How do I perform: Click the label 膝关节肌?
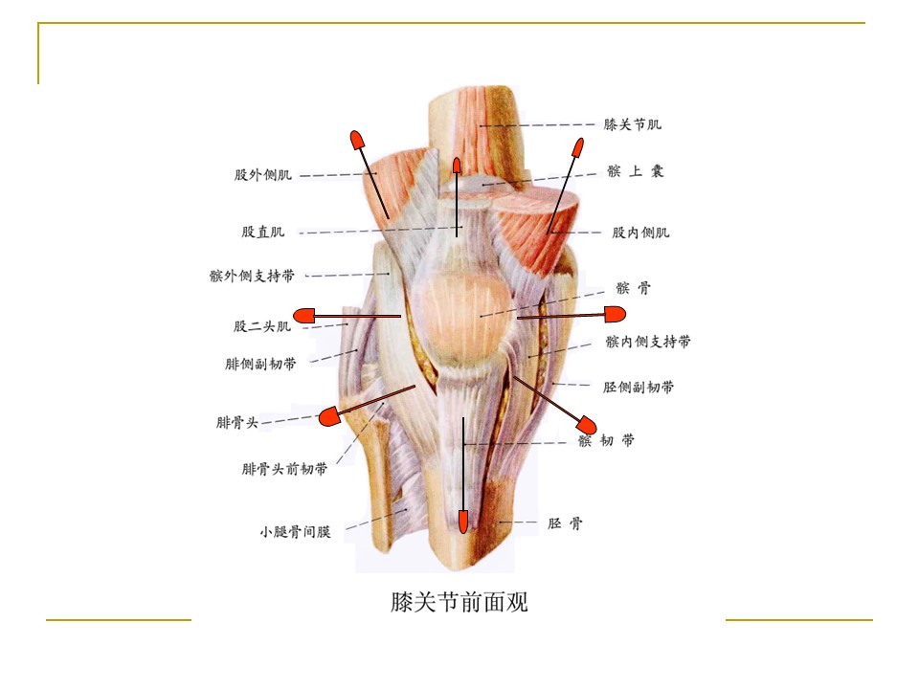click(633, 124)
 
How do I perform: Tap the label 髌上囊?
click(636, 171)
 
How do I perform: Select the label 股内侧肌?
click(640, 233)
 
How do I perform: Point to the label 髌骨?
click(633, 288)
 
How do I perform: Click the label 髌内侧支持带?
click(648, 341)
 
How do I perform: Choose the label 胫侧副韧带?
click(639, 387)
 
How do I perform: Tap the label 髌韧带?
click(606, 440)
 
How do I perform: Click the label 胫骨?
click(565, 523)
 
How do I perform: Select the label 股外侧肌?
click(263, 174)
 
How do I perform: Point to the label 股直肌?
click(263, 232)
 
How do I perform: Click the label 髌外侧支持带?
click(252, 276)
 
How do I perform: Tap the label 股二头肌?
click(262, 326)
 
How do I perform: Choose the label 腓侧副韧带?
click(260, 364)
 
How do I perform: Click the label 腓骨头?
click(237, 422)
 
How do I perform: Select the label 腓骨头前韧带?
click(285, 469)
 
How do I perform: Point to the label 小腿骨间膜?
click(296, 531)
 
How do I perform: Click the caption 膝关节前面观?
click(459, 602)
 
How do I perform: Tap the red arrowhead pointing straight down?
click(463, 521)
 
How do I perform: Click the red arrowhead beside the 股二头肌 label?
click(303, 316)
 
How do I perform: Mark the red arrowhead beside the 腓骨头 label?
click(330, 416)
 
